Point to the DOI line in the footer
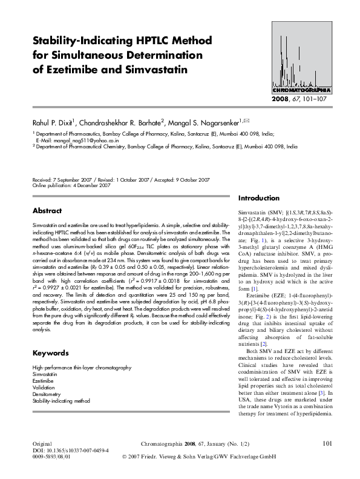point(70,451)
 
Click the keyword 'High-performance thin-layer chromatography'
point(81,368)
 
